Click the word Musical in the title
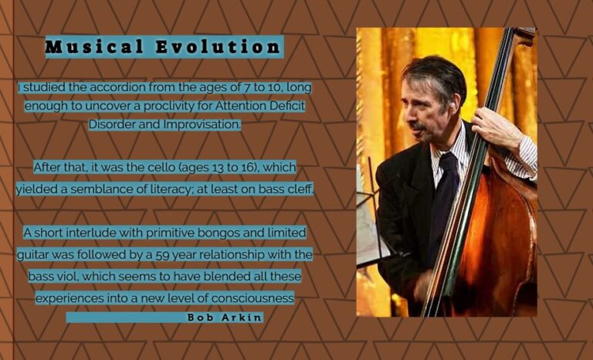[94, 47]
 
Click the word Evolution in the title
[219, 47]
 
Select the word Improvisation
[202, 124]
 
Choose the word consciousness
[252, 298]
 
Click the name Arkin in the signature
[242, 318]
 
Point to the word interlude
[91, 233]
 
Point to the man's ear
[456, 102]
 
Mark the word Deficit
[287, 106]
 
